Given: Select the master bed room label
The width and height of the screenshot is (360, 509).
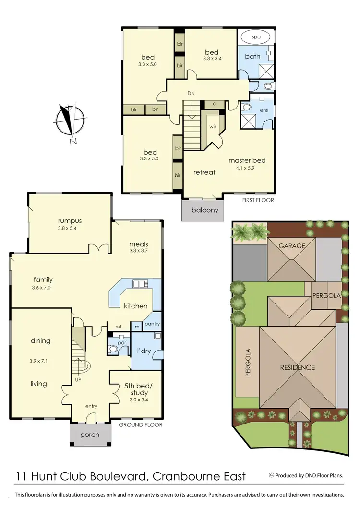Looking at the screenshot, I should (x=247, y=160).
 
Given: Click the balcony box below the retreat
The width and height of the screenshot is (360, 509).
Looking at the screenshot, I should (x=205, y=210).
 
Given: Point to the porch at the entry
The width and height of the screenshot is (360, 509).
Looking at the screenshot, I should (x=90, y=435).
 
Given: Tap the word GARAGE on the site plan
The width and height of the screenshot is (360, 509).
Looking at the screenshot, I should (x=292, y=246).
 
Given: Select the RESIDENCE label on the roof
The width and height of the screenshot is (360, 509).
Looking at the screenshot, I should (x=298, y=367).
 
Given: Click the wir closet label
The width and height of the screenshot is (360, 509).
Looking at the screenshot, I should (x=213, y=127).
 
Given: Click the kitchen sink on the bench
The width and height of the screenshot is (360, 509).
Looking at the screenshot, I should (x=139, y=284).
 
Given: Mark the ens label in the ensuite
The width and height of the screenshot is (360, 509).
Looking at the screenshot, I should (x=264, y=109).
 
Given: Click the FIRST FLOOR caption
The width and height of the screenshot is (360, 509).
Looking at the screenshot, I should (x=258, y=200).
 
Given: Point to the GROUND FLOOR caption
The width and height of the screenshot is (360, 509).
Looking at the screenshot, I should (x=141, y=424).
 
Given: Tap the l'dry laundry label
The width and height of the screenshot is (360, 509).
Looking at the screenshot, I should (x=144, y=351).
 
